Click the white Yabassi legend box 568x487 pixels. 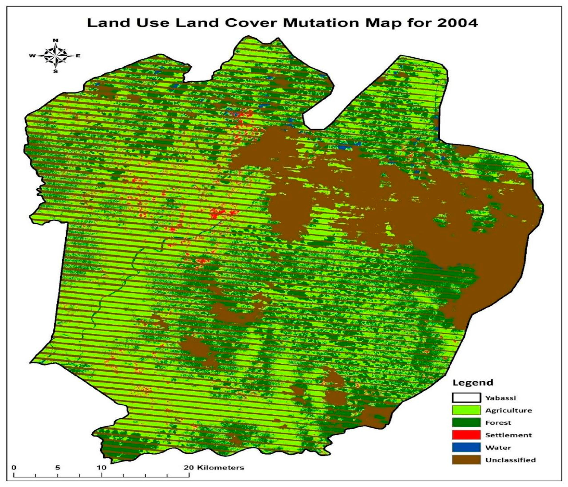(466, 398)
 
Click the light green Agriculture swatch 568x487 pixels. (466, 410)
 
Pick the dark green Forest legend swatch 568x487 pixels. (466, 423)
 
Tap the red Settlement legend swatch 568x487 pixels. (466, 435)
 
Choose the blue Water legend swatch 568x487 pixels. (466, 448)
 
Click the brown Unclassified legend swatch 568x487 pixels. (466, 460)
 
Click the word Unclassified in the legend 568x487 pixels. (510, 460)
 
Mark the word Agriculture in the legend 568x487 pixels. (508, 410)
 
